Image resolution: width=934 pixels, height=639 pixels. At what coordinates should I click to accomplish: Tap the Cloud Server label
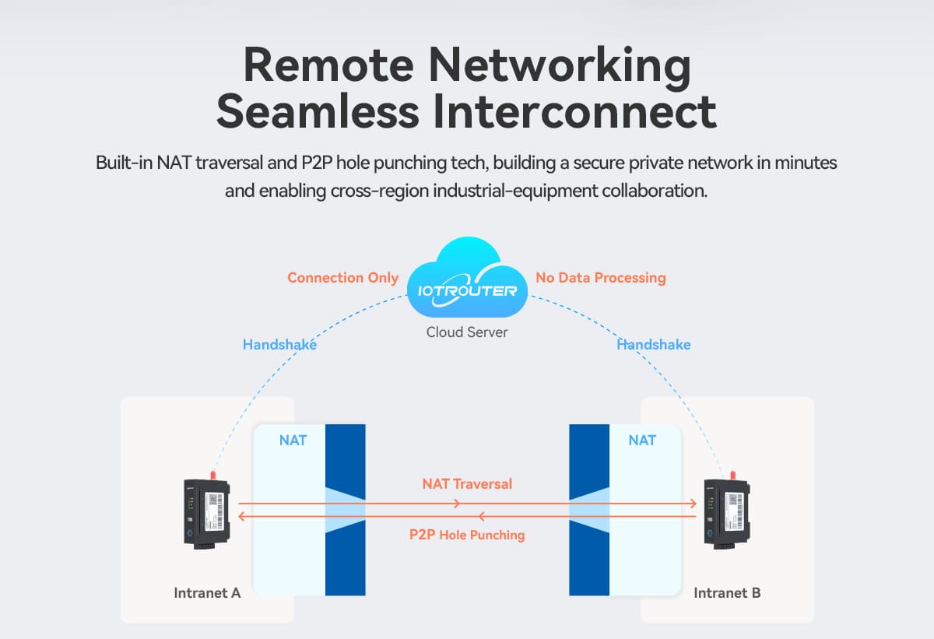[x=467, y=332]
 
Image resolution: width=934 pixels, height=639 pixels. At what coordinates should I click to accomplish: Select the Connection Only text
[x=342, y=278]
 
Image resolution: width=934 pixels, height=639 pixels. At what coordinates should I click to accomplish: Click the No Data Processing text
[x=601, y=278]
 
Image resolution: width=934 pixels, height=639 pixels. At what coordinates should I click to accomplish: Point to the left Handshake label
[x=279, y=345]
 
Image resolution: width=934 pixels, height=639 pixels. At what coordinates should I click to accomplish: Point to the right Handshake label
[x=654, y=345]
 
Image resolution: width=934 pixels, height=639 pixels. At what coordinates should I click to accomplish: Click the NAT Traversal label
[x=467, y=484]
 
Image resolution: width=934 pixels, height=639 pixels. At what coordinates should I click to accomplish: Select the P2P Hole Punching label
[x=467, y=535]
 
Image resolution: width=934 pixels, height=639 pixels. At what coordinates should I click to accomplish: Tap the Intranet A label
[x=207, y=593]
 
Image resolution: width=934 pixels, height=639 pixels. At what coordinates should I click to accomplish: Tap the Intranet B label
[x=727, y=593]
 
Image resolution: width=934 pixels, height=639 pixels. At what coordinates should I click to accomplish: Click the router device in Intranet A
[x=207, y=511]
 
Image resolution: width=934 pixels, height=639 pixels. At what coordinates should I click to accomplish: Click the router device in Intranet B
[x=726, y=511]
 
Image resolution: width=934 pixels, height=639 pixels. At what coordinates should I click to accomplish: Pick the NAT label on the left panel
[x=293, y=441]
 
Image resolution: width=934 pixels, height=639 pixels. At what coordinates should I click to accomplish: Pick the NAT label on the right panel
[x=642, y=441]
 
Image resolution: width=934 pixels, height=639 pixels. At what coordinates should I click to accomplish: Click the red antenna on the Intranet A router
[x=212, y=474]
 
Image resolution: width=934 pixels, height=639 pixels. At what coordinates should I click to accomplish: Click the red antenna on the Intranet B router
[x=731, y=474]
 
